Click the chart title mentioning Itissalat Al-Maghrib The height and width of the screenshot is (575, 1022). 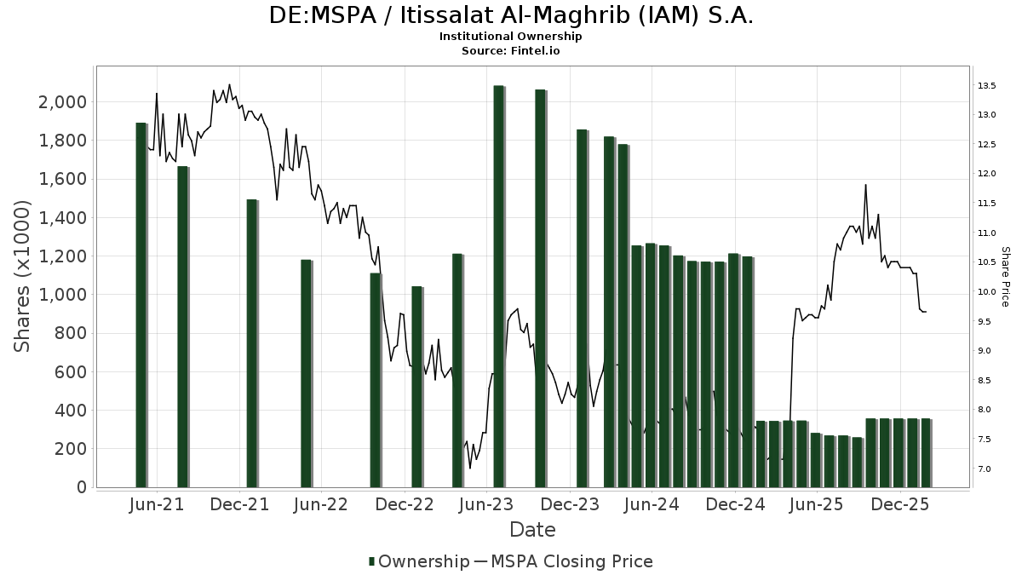coord(511,15)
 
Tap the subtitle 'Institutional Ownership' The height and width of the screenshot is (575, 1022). coord(511,37)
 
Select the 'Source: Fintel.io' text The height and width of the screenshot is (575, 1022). coord(511,51)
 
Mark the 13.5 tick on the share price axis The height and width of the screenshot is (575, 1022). coord(987,86)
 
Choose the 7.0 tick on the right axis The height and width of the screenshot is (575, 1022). coord(984,469)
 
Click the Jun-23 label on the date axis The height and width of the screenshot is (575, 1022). coord(486,505)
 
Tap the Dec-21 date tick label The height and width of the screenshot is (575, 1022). coord(239,505)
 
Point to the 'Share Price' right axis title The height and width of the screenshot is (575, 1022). coord(1005,276)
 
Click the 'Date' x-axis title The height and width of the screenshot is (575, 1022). coord(532,530)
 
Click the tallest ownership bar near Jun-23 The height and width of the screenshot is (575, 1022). coord(499,286)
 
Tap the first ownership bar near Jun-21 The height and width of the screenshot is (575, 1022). coord(141,305)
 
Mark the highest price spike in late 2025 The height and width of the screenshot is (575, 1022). coord(865,185)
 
